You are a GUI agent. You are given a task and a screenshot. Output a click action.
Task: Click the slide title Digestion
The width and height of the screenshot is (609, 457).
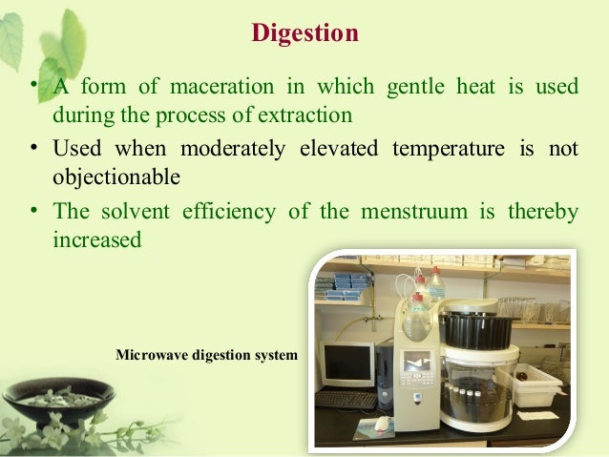304,34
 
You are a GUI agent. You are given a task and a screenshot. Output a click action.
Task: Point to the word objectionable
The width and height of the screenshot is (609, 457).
115,177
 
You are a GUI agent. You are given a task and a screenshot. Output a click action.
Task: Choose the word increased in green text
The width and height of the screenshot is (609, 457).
97,239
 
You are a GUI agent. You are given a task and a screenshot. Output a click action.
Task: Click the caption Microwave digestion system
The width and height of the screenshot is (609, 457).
206,356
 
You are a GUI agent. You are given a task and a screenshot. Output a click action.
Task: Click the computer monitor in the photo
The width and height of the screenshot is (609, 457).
346,364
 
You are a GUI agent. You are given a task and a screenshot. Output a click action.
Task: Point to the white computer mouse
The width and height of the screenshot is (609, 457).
383,423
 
